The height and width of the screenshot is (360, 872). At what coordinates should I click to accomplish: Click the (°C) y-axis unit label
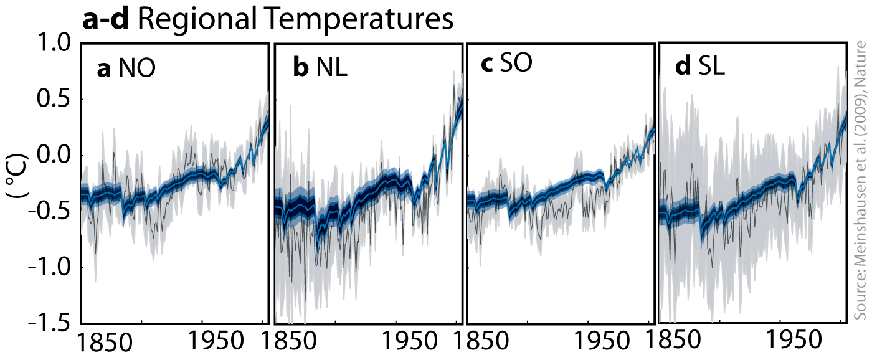click(x=17, y=181)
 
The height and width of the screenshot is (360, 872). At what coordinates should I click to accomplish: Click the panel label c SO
click(x=507, y=65)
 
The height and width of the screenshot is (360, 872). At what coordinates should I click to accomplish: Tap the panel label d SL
click(x=700, y=68)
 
